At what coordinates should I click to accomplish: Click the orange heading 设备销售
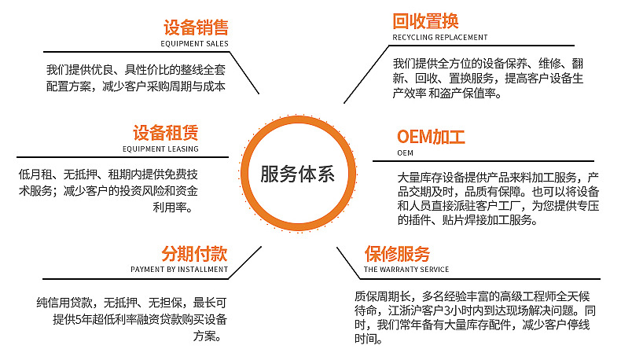pyautogui.click(x=196, y=28)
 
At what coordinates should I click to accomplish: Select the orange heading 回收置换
pyautogui.click(x=425, y=21)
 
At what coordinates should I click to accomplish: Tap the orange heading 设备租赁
pyautogui.click(x=166, y=133)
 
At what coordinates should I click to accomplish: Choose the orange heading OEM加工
pyautogui.click(x=431, y=137)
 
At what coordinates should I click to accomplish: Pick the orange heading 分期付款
pyautogui.click(x=194, y=253)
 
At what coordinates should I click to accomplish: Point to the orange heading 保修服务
pyautogui.click(x=397, y=253)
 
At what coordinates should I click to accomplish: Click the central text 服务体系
pyautogui.click(x=297, y=174)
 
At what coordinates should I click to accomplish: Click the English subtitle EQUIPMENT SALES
pyautogui.click(x=194, y=43)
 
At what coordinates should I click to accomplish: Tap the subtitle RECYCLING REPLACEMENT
pyautogui.click(x=440, y=37)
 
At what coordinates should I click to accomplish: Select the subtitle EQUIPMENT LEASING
pyautogui.click(x=160, y=149)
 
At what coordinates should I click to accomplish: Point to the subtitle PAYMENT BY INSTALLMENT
pyautogui.click(x=179, y=270)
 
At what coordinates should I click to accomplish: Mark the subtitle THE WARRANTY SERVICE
pyautogui.click(x=406, y=270)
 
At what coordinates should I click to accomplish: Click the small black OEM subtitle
pyautogui.click(x=405, y=152)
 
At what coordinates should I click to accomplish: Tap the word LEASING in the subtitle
pyautogui.click(x=183, y=149)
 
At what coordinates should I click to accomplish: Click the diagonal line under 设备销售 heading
pyautogui.click(x=244, y=73)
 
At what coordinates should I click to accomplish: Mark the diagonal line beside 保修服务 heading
pyautogui.click(x=348, y=263)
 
